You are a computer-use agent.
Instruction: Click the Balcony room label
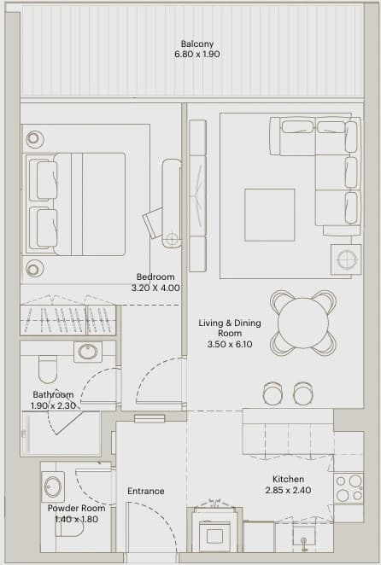click(x=197, y=44)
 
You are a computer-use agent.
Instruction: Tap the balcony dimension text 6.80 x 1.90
click(x=197, y=55)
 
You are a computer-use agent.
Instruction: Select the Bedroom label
click(x=155, y=277)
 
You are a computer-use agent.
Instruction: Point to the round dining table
click(x=303, y=323)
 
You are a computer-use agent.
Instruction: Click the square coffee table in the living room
click(x=269, y=215)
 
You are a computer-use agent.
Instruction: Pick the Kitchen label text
click(x=288, y=480)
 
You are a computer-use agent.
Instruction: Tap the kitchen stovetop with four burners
click(x=349, y=488)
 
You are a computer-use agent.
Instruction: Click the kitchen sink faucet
click(x=304, y=543)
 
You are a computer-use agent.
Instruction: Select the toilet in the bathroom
click(x=48, y=369)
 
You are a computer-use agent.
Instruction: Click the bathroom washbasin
click(x=88, y=352)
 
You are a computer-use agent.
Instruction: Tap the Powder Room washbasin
click(x=53, y=486)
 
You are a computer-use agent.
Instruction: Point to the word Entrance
click(x=146, y=491)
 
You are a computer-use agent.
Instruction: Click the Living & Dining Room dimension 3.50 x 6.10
click(x=230, y=344)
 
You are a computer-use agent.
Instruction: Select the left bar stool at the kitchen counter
click(x=273, y=393)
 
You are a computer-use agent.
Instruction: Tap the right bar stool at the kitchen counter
click(x=303, y=393)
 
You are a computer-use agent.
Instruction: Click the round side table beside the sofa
click(x=346, y=259)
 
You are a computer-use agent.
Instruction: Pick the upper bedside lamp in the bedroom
click(x=33, y=137)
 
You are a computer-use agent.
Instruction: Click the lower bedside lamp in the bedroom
click(x=33, y=269)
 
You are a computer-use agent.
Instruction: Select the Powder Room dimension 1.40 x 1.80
click(x=76, y=519)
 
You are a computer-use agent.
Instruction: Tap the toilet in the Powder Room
click(x=69, y=527)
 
